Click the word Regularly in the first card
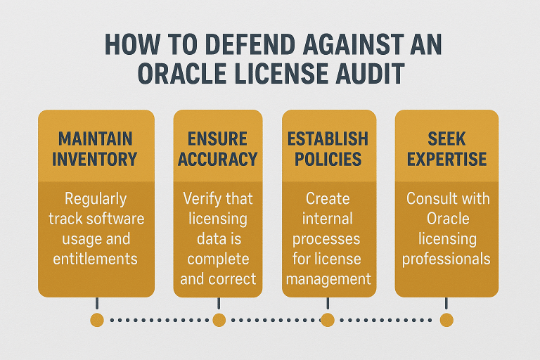(96, 199)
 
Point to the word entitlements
(96, 259)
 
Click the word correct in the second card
(236, 278)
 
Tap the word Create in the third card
(327, 199)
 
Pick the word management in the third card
(327, 278)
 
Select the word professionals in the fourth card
(446, 259)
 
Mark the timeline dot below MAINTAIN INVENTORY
(97, 320)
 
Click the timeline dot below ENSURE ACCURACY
(219, 320)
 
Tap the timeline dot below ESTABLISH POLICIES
(327, 320)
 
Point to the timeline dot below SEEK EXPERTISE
(446, 320)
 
